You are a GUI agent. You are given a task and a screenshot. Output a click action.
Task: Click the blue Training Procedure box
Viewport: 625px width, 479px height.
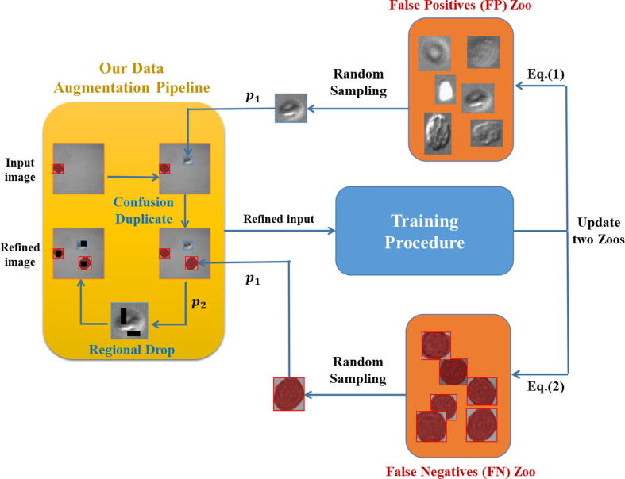pyautogui.click(x=424, y=231)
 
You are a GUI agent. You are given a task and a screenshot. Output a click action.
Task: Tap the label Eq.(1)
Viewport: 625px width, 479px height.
pyautogui.click(x=546, y=75)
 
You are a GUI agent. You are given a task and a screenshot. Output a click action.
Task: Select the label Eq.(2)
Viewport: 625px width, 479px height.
pyautogui.click(x=546, y=387)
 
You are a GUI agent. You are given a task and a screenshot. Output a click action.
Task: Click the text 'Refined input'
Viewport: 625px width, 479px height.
pyautogui.click(x=279, y=220)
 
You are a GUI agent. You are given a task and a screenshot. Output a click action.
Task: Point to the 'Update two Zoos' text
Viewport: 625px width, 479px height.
pyautogui.click(x=598, y=231)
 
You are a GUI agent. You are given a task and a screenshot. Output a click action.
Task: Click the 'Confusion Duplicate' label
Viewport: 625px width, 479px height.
pyautogui.click(x=144, y=211)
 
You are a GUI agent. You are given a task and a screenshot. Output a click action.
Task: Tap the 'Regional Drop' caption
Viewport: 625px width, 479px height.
pyautogui.click(x=132, y=350)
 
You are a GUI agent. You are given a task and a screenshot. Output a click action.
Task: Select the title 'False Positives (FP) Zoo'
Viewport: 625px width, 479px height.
pyautogui.click(x=461, y=6)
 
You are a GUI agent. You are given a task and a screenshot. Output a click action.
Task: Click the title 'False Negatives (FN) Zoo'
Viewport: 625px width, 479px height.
pyautogui.click(x=461, y=472)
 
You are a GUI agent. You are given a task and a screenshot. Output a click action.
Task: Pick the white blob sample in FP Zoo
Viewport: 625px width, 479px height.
pyautogui.click(x=446, y=89)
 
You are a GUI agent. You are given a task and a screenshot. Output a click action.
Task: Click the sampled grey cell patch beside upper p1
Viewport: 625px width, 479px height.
pyautogui.click(x=291, y=108)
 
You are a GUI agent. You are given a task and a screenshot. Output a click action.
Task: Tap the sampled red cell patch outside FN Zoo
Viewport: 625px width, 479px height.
pyautogui.click(x=289, y=394)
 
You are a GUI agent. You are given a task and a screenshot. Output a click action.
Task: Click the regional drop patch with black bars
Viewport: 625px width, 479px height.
pyautogui.click(x=129, y=321)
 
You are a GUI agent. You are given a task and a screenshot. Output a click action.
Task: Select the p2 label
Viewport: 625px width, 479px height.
pyautogui.click(x=199, y=304)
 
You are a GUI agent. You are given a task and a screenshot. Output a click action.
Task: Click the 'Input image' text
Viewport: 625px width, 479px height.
pyautogui.click(x=20, y=170)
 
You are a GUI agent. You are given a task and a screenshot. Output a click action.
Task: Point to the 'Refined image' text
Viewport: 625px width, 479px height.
pyautogui.click(x=20, y=255)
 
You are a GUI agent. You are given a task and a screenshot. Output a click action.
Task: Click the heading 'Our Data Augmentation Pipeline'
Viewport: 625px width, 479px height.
pyautogui.click(x=132, y=78)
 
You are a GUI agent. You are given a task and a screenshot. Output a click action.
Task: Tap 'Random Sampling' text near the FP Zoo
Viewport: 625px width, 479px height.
pyautogui.click(x=358, y=82)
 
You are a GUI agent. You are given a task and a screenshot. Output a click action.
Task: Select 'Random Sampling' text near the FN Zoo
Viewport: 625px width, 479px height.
pyautogui.click(x=358, y=370)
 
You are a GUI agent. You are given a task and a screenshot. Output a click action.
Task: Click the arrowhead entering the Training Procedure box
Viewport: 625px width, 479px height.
pyautogui.click(x=331, y=231)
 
